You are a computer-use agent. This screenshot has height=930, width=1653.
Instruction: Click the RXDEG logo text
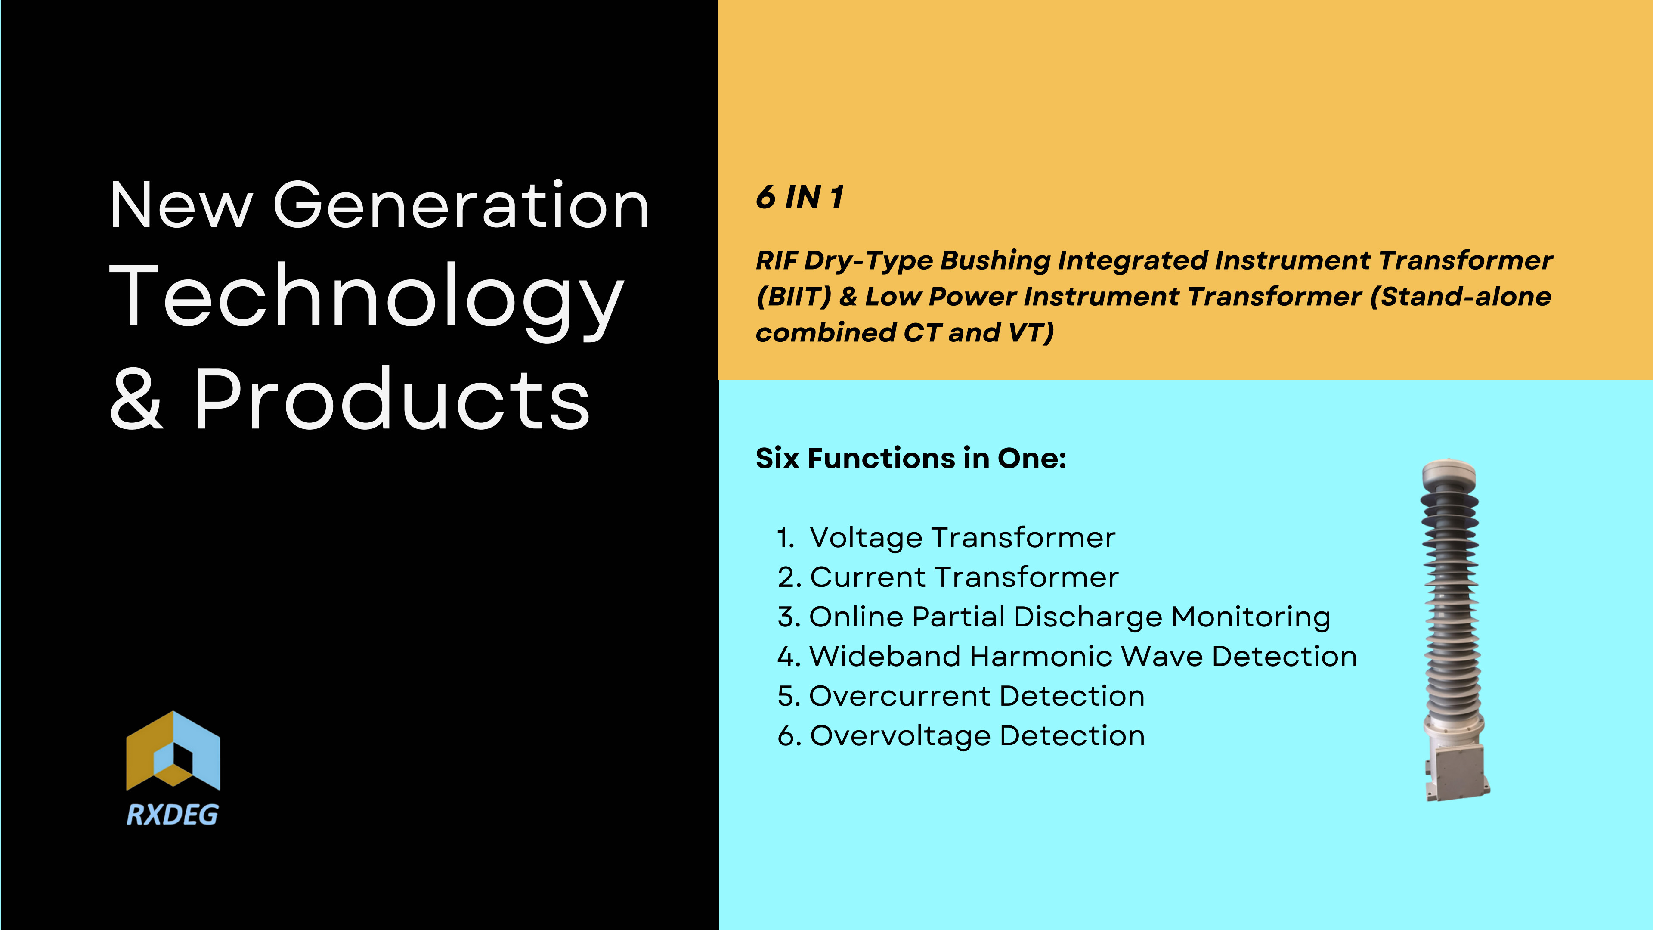(172, 815)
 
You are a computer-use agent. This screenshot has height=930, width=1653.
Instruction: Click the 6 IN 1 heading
(799, 197)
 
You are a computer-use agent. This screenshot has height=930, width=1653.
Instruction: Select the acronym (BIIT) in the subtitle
(794, 297)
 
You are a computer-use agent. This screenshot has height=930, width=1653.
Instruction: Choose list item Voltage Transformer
(963, 538)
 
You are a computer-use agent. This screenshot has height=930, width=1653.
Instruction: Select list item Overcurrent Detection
(977, 696)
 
